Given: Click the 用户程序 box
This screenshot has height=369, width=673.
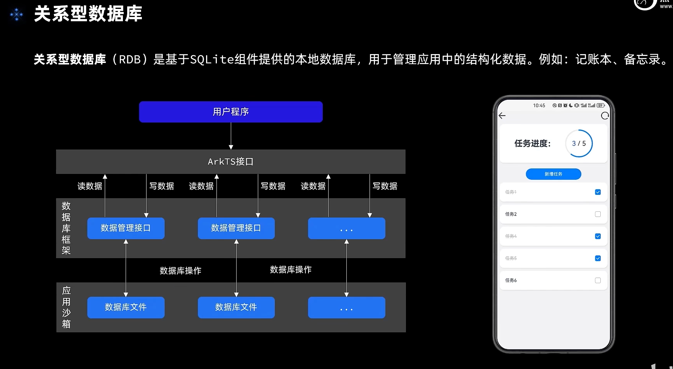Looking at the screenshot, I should (x=231, y=112).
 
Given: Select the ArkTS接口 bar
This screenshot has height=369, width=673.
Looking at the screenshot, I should (x=231, y=162).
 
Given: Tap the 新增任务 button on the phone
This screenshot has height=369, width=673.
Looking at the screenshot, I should (x=553, y=174).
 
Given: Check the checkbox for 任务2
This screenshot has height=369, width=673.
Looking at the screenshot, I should (x=598, y=214).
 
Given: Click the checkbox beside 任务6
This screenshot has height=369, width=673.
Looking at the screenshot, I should (x=598, y=281).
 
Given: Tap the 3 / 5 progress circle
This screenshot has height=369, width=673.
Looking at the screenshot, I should (x=579, y=143).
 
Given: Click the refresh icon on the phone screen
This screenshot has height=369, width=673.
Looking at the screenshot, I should (x=605, y=116).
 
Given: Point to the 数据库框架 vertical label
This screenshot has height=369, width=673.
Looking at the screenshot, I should (x=66, y=228).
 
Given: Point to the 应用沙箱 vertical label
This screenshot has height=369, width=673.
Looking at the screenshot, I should (x=66, y=307).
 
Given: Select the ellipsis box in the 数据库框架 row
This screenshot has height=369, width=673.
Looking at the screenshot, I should (x=346, y=228).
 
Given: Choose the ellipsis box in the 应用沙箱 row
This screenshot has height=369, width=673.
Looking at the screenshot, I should (x=346, y=308).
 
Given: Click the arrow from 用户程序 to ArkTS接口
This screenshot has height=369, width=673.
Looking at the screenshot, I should (x=231, y=136).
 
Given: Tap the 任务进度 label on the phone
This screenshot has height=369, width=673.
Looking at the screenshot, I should (x=532, y=143).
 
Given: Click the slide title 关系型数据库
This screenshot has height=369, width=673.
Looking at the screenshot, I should (x=88, y=14).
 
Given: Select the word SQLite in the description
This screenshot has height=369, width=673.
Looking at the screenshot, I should (x=212, y=60).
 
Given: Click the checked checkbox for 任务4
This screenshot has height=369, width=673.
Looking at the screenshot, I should (x=598, y=236).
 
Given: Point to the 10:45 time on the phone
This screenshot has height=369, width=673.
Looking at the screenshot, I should (x=539, y=105).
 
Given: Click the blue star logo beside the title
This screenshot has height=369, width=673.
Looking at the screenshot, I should (x=17, y=15).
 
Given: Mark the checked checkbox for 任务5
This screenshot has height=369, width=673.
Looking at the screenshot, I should (x=598, y=258).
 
